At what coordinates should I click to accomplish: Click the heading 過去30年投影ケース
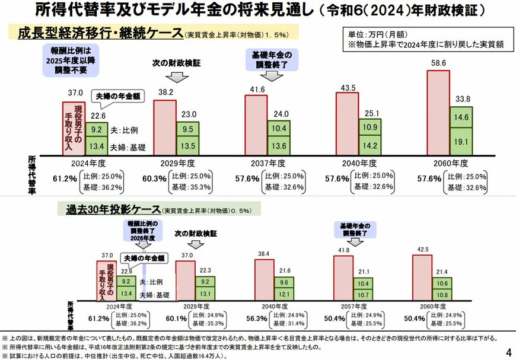[x=112, y=210]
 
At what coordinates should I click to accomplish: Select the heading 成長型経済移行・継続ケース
[x=95, y=34]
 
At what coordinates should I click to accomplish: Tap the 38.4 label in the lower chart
[x=263, y=254]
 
